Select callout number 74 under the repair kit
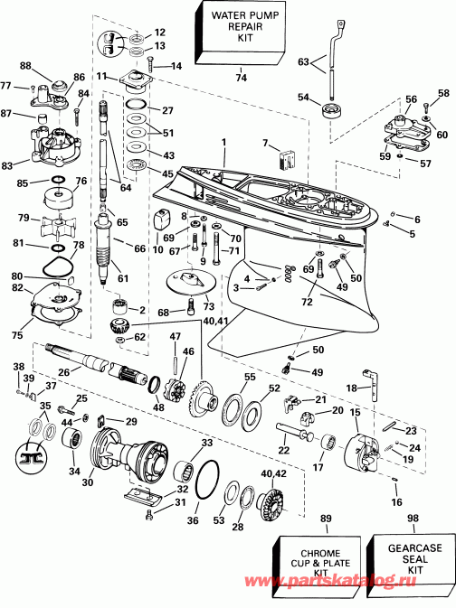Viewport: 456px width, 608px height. (241, 79)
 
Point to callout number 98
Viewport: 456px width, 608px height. (413, 518)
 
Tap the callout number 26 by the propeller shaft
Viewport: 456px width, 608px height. (62, 369)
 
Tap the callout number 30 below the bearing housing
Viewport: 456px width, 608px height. (88, 482)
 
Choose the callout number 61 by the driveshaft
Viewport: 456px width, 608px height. (122, 277)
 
